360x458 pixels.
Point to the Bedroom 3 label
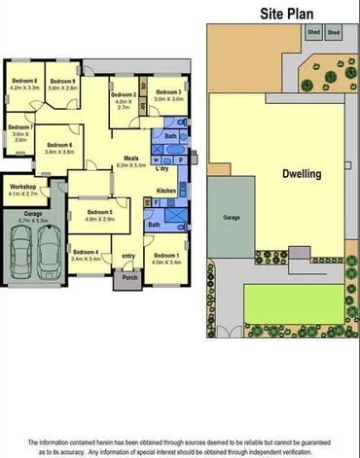(x=166, y=91)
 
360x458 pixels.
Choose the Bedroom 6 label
(x=59, y=145)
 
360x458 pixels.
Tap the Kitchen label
(x=166, y=191)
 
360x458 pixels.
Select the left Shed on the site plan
(x=314, y=32)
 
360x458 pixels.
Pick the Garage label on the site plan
(x=232, y=219)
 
